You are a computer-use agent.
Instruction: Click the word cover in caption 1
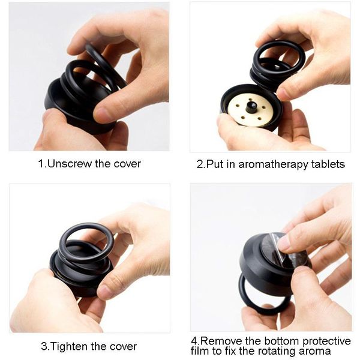pos(127,164)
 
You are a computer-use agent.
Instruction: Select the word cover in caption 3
pos(122,346)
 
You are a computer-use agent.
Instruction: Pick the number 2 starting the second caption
pos(200,164)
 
